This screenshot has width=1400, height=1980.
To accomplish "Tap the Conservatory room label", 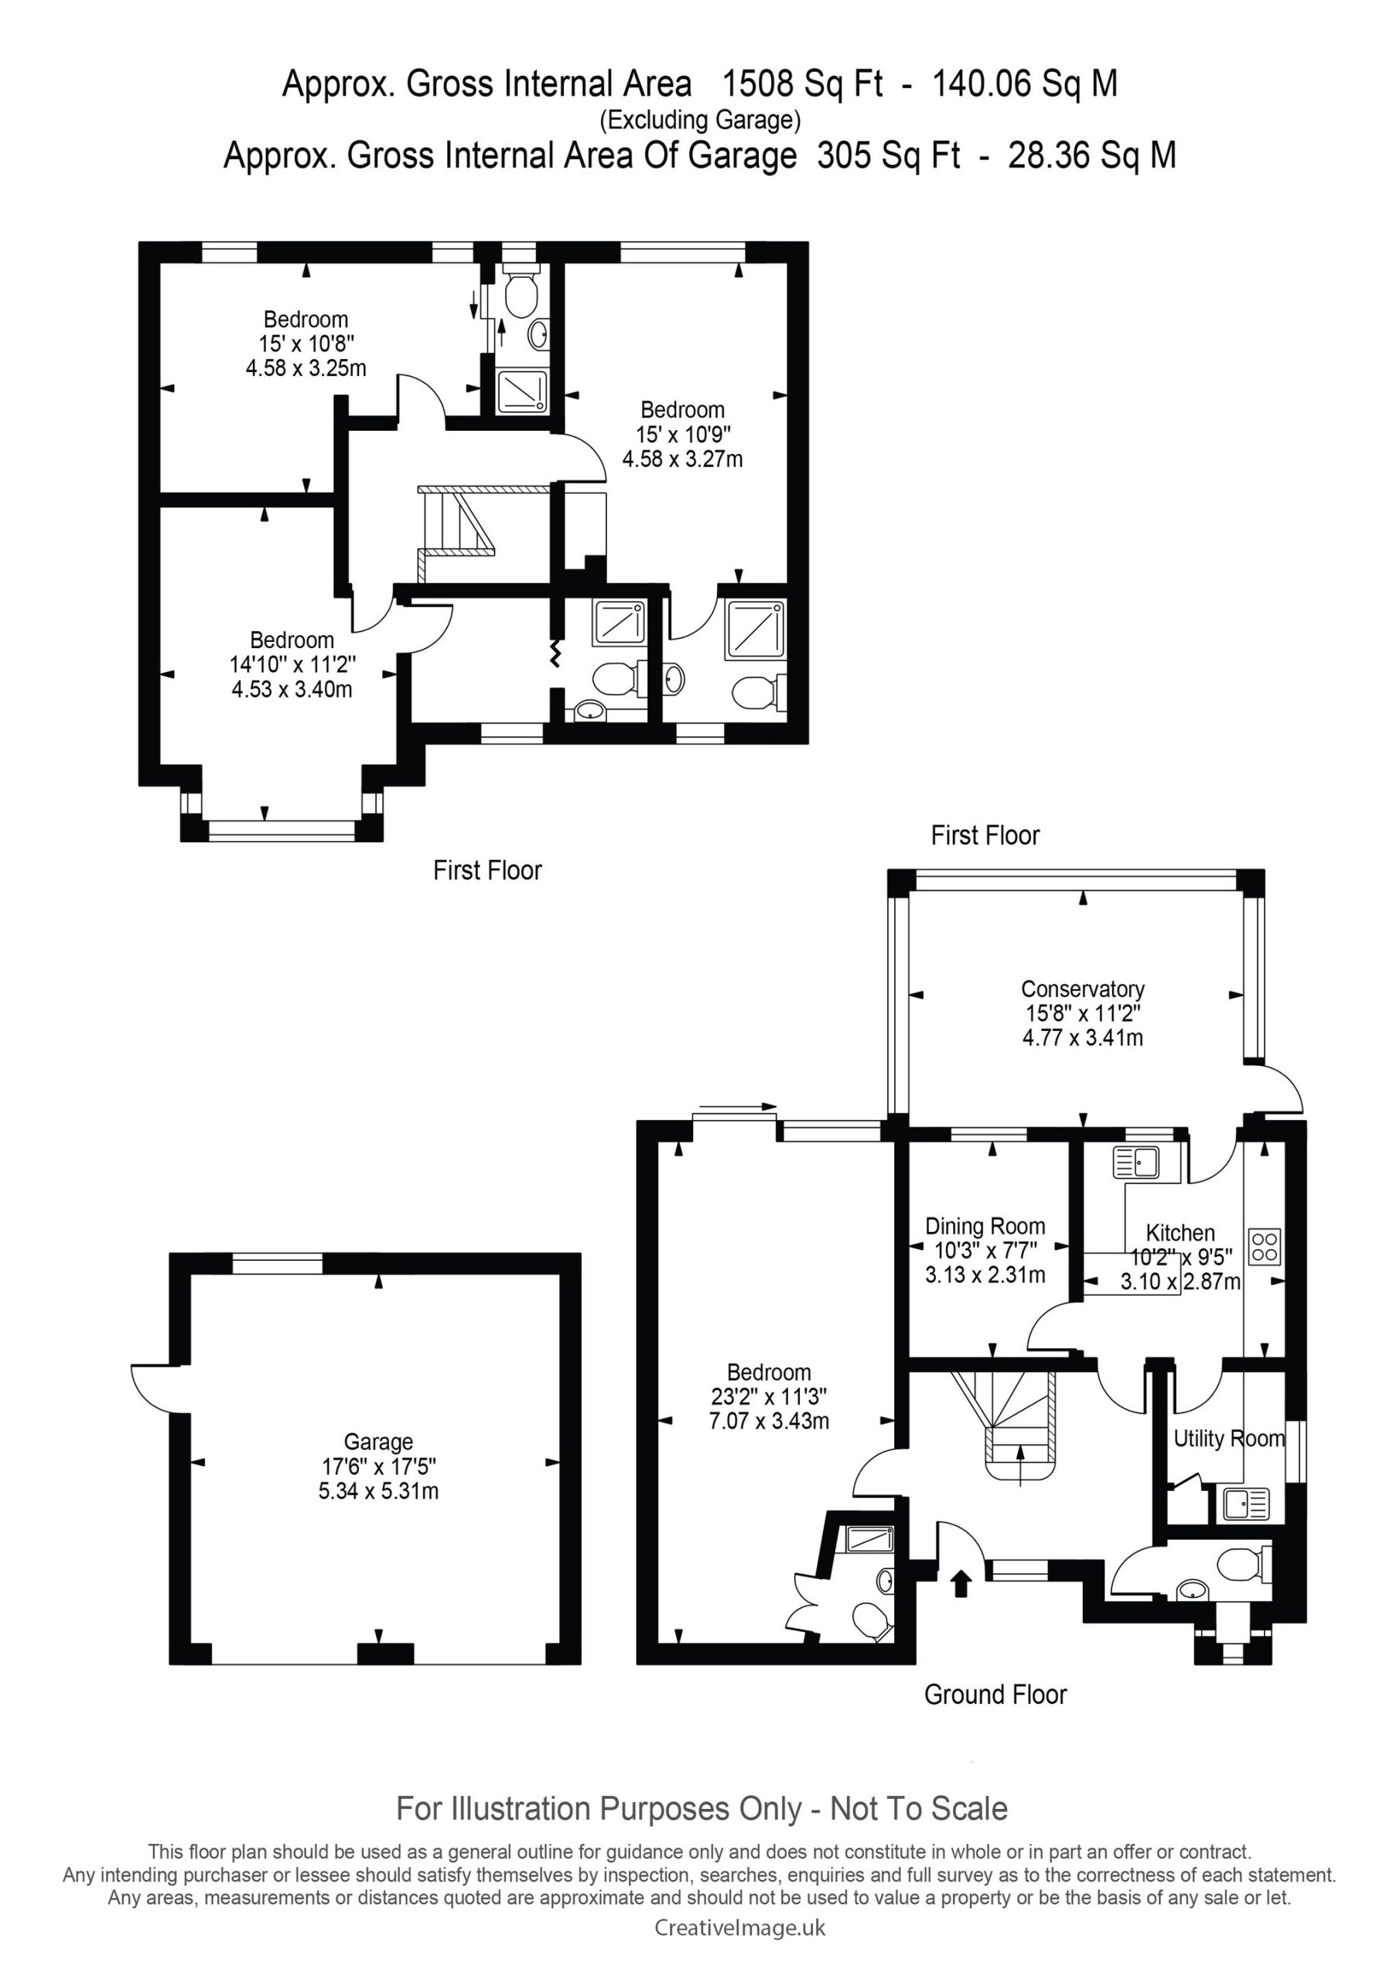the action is (1083, 989).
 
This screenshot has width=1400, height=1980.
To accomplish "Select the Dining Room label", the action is (985, 1227).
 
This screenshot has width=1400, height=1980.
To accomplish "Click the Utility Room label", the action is (1229, 1439).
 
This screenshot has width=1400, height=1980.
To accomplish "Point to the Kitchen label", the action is (1180, 1233).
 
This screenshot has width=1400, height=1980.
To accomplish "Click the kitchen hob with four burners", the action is (1265, 1246).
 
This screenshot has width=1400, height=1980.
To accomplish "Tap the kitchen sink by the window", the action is (1137, 1162).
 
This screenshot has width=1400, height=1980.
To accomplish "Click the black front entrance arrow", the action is (961, 1584).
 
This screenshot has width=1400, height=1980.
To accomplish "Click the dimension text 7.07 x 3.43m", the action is (769, 1420).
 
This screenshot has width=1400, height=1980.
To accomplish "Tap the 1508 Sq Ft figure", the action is (802, 84).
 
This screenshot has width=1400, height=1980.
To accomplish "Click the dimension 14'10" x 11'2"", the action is (292, 665).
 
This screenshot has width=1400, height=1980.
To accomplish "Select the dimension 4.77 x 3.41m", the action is (1083, 1037).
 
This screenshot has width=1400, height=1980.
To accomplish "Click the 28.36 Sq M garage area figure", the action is (1092, 155).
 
